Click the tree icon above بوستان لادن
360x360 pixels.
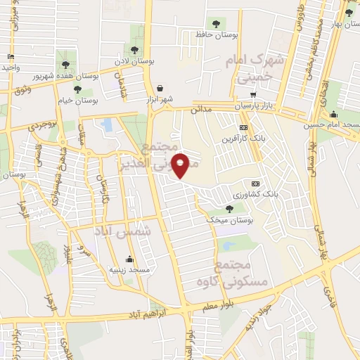tap(134, 50)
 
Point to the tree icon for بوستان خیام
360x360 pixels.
tap(77, 89)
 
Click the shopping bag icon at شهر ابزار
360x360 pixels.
tap(162, 88)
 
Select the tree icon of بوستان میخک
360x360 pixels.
tap(229, 208)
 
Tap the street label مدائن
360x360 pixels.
tap(201, 110)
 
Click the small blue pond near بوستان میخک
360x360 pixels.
tap(227, 245)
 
